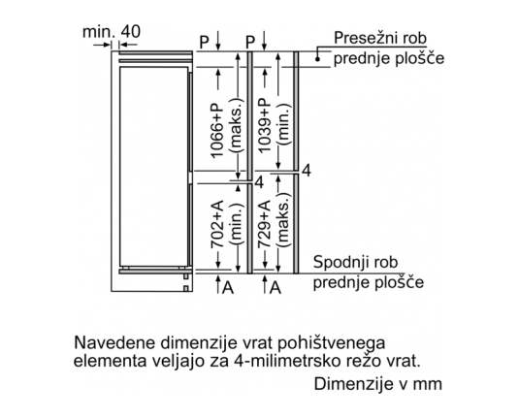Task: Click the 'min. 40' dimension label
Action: [x=112, y=32]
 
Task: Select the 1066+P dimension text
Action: [x=217, y=130]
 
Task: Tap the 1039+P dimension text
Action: [x=265, y=125]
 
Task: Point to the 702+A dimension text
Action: [x=217, y=224]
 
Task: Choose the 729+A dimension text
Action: [x=265, y=224]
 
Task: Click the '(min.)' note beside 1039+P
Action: [x=284, y=124]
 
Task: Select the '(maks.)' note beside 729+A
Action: [x=284, y=219]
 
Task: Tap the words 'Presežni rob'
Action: [x=380, y=38]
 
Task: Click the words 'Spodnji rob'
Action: [x=355, y=262]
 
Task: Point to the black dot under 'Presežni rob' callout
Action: [x=317, y=59]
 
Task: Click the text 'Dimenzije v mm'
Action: [x=377, y=384]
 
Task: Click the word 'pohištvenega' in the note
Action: [x=331, y=344]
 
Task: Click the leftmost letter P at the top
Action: [x=205, y=42]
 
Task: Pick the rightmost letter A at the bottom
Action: [x=276, y=288]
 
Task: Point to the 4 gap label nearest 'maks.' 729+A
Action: [x=307, y=171]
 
